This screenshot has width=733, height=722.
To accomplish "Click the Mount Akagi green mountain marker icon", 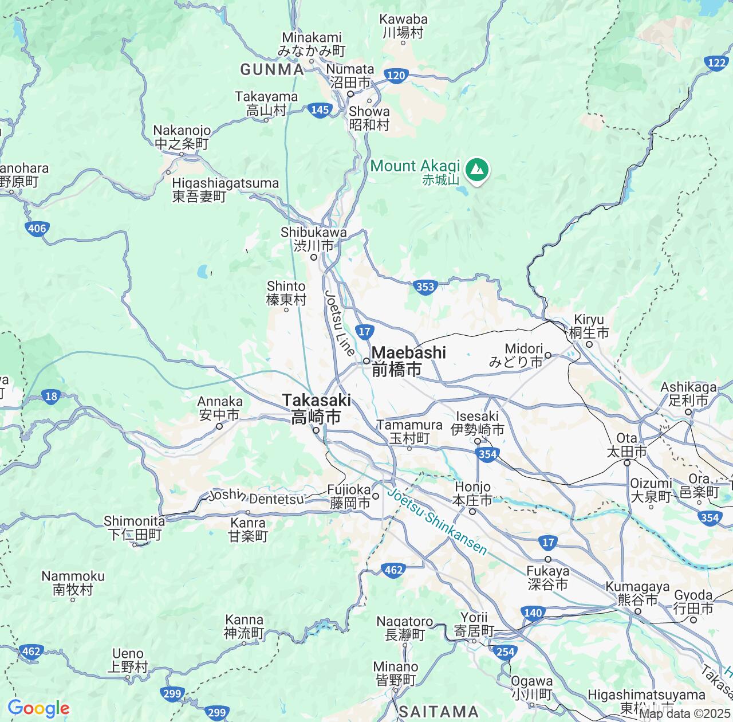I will tap(476, 170).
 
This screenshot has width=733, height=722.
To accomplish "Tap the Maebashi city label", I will tap(408, 360).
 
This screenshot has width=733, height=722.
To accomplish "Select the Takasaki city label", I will tap(316, 408).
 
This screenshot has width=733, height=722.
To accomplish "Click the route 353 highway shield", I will tap(425, 287).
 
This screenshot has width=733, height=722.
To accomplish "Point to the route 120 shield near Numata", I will tap(396, 75).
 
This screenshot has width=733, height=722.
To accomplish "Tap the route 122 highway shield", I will tap(717, 63).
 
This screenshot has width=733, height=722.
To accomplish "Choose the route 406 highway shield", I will tap(37, 229).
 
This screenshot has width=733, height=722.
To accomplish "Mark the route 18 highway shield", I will tap(52, 396).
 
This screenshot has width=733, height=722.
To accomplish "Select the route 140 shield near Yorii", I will tap(533, 613).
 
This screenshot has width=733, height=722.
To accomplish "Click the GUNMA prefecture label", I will tap(272, 70).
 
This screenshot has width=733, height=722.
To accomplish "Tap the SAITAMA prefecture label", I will tap(439, 711).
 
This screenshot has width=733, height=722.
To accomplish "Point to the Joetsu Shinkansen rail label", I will tap(438, 521).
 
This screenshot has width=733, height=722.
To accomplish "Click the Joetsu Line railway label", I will tap(340, 324).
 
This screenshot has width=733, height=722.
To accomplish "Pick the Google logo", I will tap(38, 708).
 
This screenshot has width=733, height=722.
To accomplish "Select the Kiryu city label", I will tap(589, 326).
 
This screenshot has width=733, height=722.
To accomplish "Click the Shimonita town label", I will tap(135, 528).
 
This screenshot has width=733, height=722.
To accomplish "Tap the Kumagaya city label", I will tap(637, 593).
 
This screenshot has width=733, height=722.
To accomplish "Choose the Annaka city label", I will tap(220, 407).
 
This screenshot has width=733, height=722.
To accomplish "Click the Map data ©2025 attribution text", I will tap(685, 714).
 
